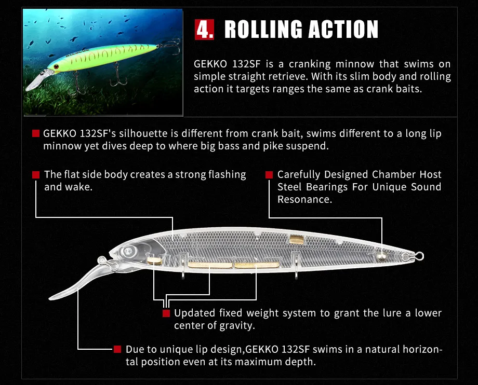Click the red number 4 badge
point(204,30)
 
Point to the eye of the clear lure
point(127,252)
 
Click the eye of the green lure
point(56,67)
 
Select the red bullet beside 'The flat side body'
point(36,175)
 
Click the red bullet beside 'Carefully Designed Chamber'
point(269,175)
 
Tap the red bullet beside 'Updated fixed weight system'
point(166,313)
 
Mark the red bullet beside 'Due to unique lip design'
point(117,349)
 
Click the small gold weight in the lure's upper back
point(297,239)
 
